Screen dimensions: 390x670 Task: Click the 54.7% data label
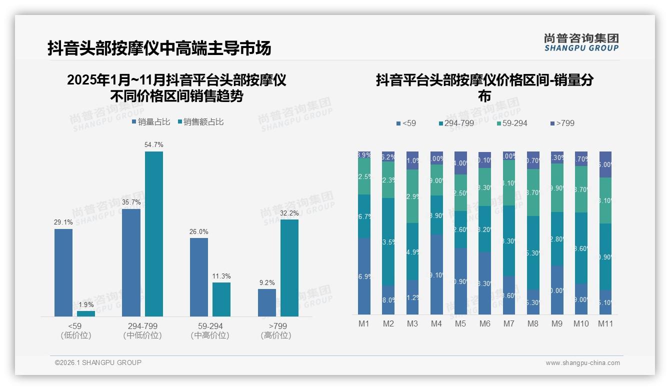coord(153,144)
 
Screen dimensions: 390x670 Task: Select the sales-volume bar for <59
coord(63,272)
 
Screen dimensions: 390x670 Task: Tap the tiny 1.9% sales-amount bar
coord(86,313)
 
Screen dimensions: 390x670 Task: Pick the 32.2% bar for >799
coord(289,268)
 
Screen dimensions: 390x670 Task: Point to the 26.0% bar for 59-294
coord(199,277)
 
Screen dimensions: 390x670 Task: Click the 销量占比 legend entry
coord(151,122)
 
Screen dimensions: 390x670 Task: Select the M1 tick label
coord(364,323)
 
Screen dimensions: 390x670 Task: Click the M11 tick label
coord(605,323)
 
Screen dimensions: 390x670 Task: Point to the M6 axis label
coord(484,323)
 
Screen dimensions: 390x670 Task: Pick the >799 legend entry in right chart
coord(562,123)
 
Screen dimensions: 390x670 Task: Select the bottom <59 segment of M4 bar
coord(436,275)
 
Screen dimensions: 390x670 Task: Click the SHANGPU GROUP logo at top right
coord(581,42)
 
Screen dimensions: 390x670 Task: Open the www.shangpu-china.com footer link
coord(582,363)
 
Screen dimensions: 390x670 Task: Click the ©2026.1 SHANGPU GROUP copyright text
coord(98,362)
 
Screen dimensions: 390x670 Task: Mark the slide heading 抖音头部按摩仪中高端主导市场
coord(159,48)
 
